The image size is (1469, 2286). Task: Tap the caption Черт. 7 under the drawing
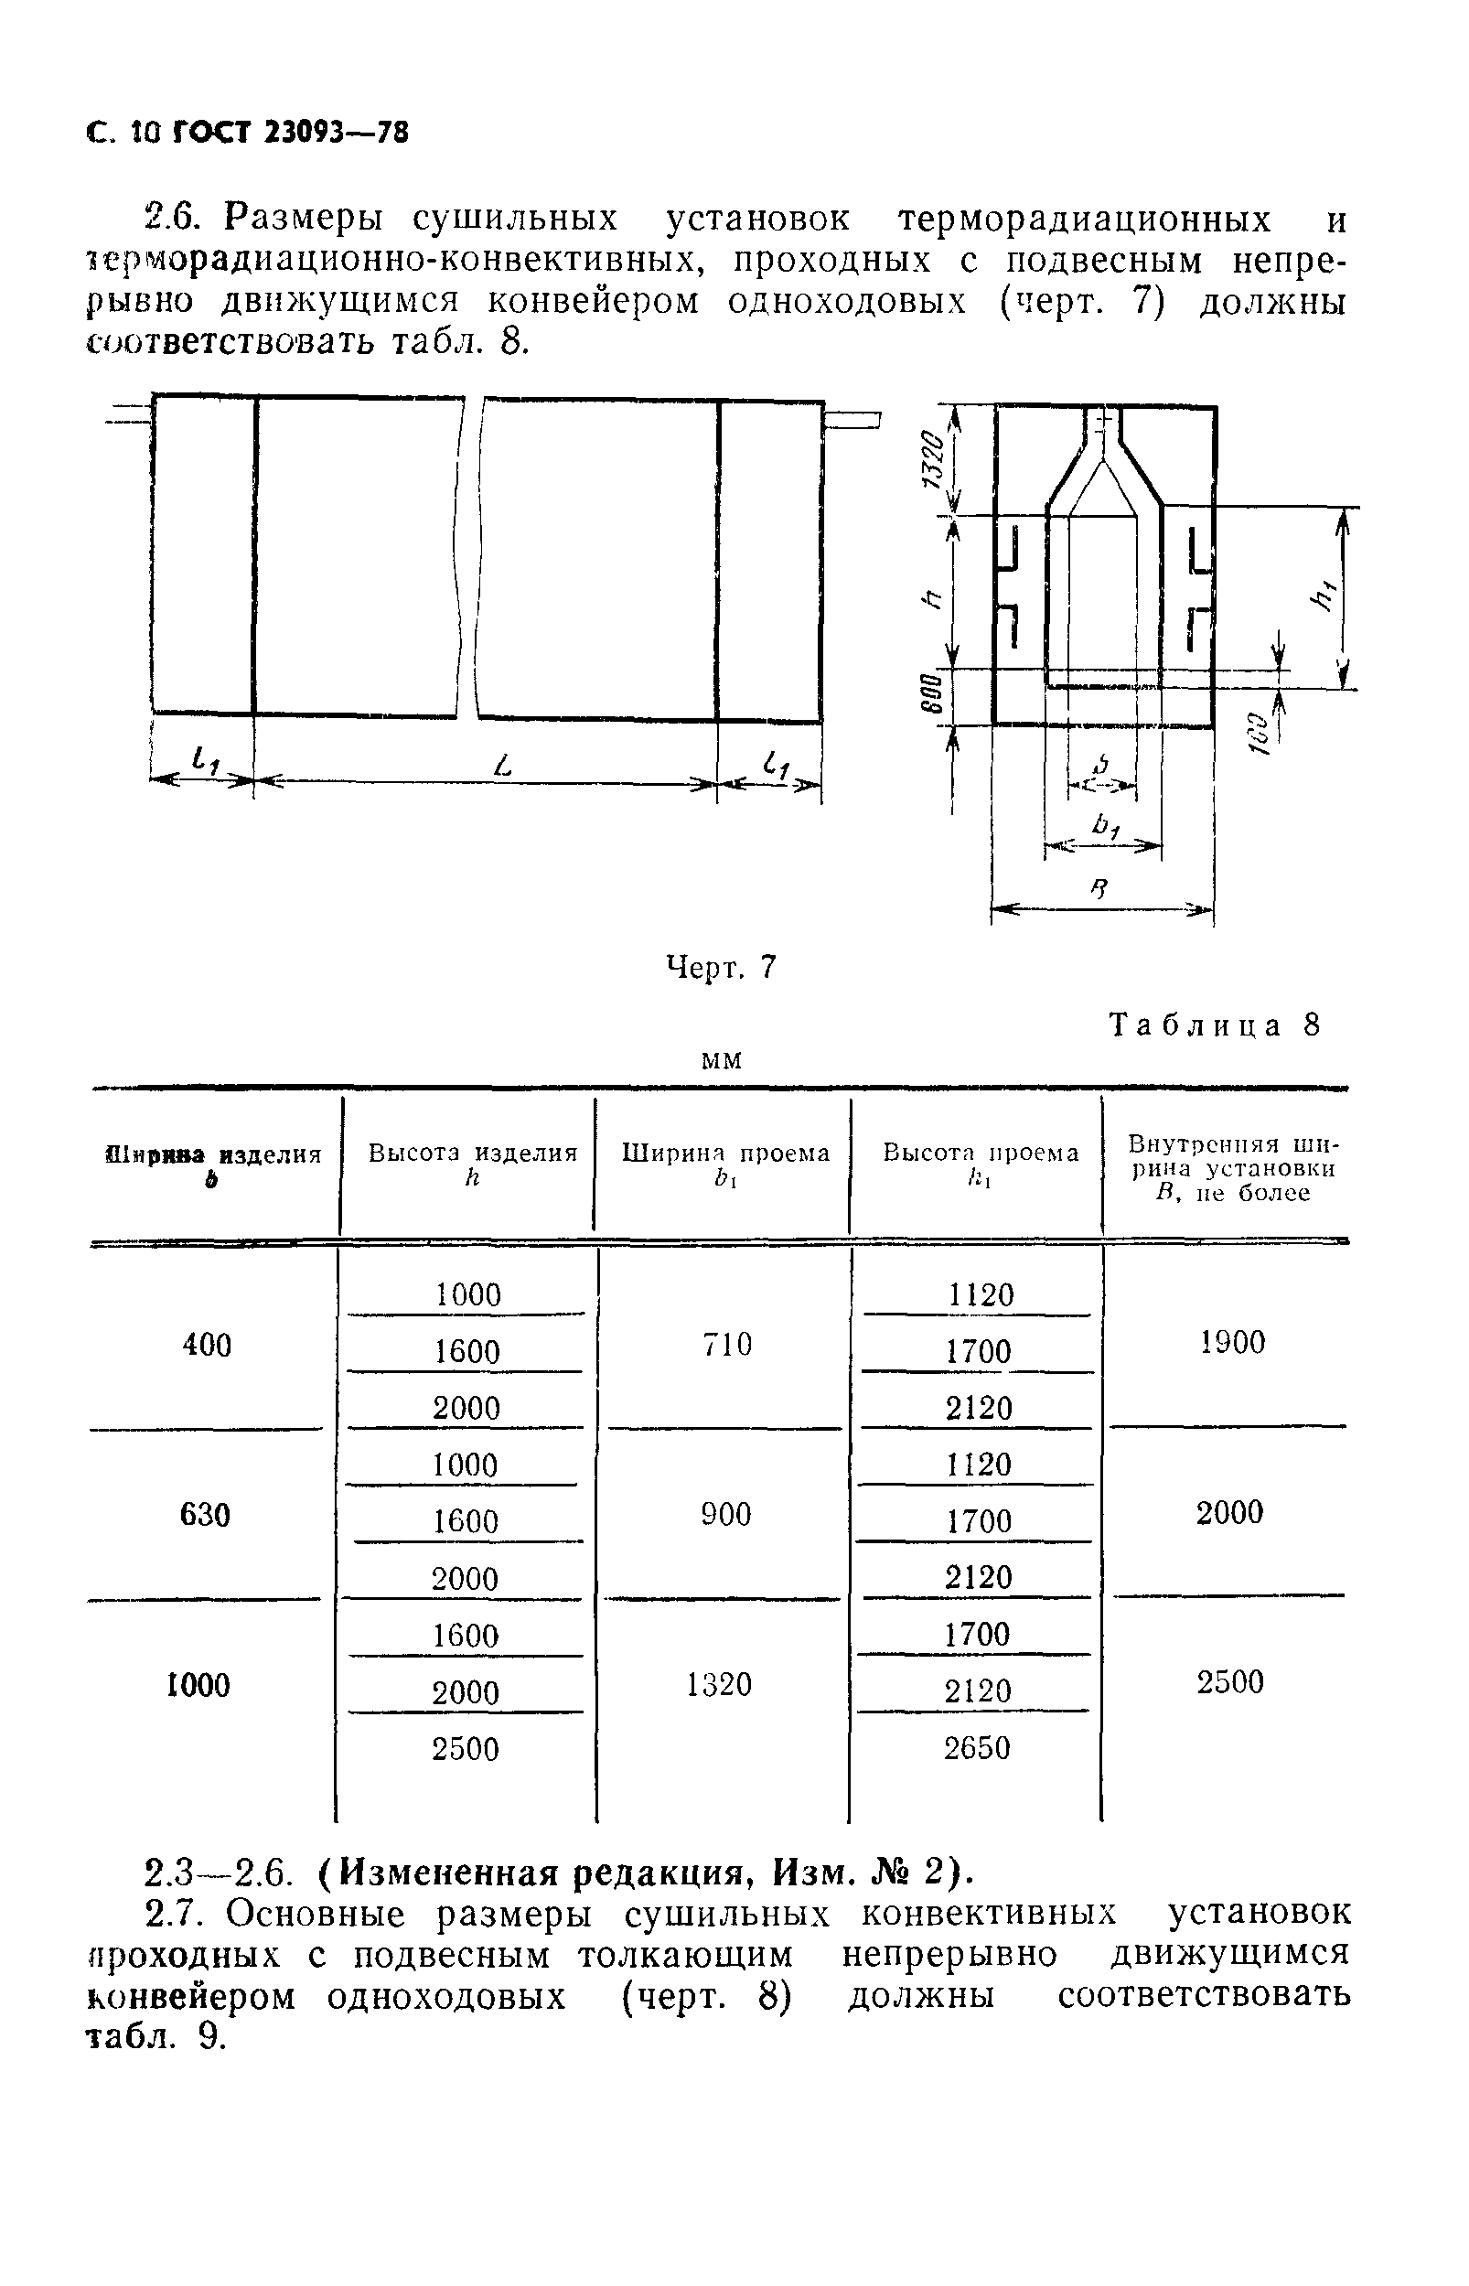[720, 968]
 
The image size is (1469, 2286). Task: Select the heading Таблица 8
[1217, 1025]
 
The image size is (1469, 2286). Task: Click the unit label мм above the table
[721, 1060]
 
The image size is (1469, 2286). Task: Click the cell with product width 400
[206, 1346]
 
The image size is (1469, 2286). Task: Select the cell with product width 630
[205, 1516]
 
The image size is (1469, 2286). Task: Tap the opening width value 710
[727, 1345]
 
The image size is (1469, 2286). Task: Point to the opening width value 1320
[719, 1685]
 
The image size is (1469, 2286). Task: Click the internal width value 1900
[1232, 1343]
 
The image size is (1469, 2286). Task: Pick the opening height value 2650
[977, 1748]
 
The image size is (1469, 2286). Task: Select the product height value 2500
[466, 1749]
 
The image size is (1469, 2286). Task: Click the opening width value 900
[726, 1515]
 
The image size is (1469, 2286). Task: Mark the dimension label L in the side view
[505, 764]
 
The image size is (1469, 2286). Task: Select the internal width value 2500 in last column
[1230, 1682]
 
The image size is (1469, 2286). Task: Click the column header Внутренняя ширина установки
[1231, 1167]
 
